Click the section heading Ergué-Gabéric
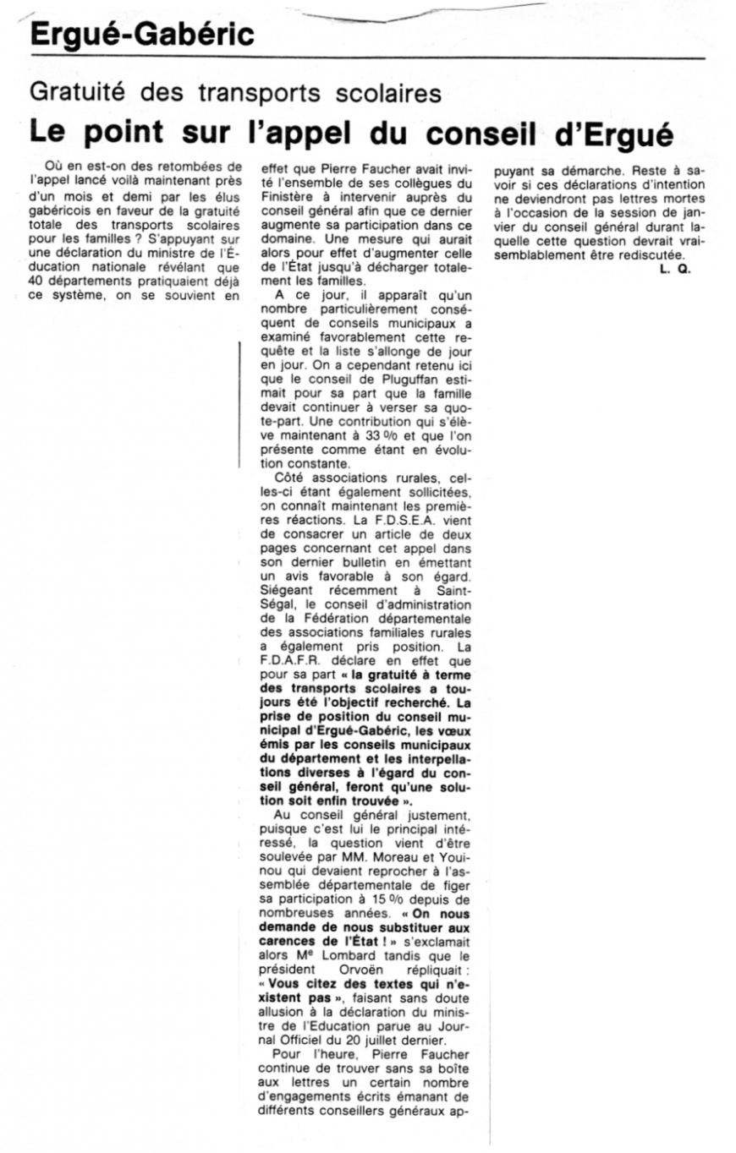click(x=140, y=35)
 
